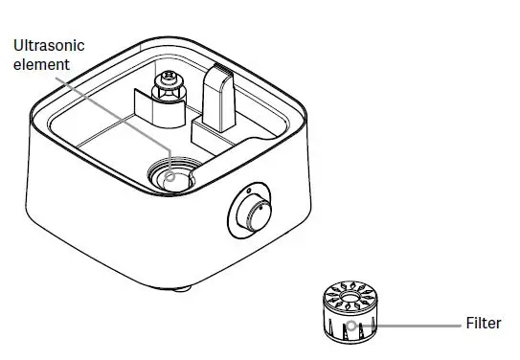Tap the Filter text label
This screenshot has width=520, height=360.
click(483, 324)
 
